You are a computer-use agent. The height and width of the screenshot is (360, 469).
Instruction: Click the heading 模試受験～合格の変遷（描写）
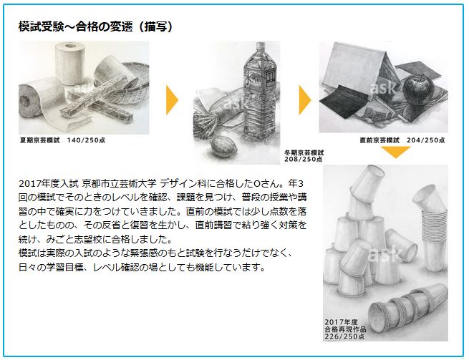(x=96, y=27)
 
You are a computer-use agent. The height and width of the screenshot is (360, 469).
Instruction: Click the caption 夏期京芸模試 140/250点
(x=62, y=140)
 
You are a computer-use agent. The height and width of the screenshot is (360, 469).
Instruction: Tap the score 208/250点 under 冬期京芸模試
(x=304, y=160)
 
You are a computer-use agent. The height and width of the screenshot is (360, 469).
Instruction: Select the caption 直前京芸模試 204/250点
(x=402, y=140)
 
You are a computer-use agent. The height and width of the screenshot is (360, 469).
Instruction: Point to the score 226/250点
(x=344, y=336)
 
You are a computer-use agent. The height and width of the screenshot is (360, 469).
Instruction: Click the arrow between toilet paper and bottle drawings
(x=172, y=100)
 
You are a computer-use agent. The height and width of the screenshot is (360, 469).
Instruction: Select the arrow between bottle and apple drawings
(x=305, y=100)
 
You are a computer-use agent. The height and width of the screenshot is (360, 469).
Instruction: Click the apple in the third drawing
(x=417, y=89)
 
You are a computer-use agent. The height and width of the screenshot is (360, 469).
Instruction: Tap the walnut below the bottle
(x=225, y=145)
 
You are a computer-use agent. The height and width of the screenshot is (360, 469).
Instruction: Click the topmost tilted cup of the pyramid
(x=367, y=184)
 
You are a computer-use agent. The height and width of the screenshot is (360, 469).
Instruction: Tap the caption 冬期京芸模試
(x=304, y=152)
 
